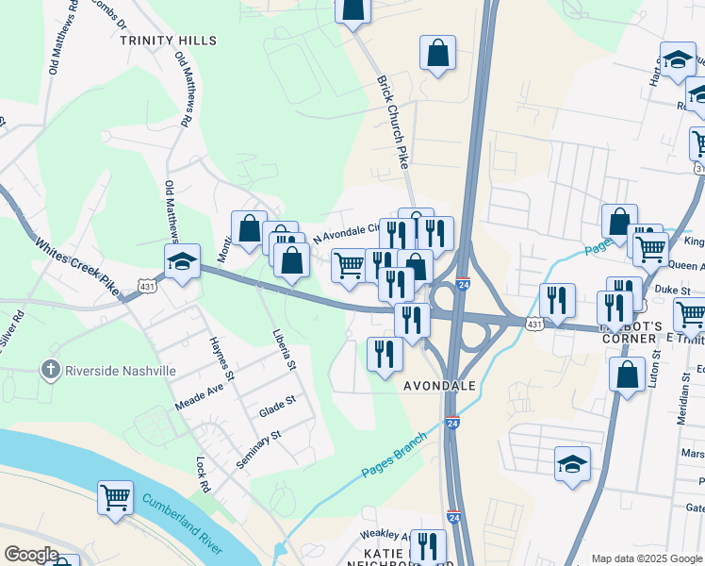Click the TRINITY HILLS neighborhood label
(168, 41)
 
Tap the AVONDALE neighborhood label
(441, 387)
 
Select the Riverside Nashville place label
(120, 371)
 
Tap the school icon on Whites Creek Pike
(182, 261)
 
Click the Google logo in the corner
(31, 554)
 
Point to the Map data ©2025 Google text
(646, 558)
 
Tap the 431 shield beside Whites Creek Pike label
(146, 284)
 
